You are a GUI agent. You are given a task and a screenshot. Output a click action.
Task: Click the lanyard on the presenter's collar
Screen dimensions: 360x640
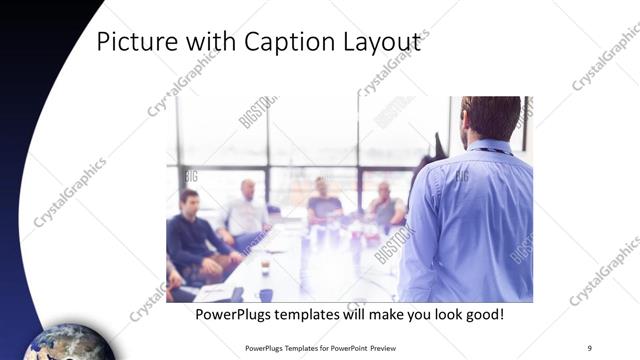490,151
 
